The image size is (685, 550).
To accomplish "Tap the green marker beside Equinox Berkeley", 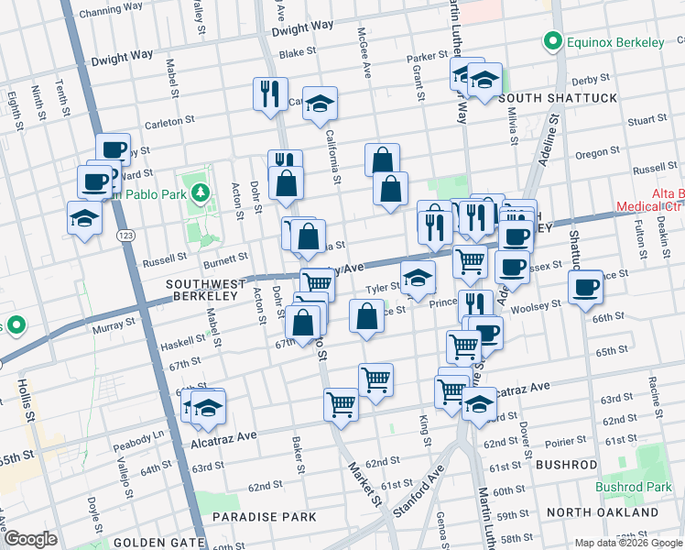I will coord(552,41).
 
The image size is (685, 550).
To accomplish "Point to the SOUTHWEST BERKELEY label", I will coord(208,285).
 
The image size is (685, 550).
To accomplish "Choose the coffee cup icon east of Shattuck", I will coord(585,287).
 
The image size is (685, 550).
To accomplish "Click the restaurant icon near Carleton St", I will coord(269,95).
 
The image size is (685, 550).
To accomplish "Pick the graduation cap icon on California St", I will coord(320,104).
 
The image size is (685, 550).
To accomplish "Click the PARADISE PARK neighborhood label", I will coord(265,517).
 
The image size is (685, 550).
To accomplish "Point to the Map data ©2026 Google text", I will coord(627,543).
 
